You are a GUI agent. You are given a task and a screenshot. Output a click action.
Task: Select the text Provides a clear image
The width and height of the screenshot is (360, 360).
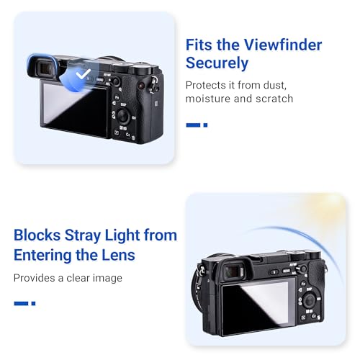(x=68, y=278)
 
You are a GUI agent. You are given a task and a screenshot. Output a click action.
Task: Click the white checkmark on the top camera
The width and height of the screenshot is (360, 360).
(x=85, y=74)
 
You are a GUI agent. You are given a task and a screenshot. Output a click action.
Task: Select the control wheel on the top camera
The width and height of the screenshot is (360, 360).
(x=123, y=115)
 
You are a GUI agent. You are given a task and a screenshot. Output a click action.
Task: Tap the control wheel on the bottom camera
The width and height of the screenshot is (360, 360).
(x=305, y=297)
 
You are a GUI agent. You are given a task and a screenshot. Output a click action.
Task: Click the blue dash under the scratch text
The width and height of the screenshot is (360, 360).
(x=196, y=125)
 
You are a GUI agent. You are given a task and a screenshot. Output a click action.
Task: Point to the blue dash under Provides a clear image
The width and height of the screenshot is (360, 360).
(x=24, y=303)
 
